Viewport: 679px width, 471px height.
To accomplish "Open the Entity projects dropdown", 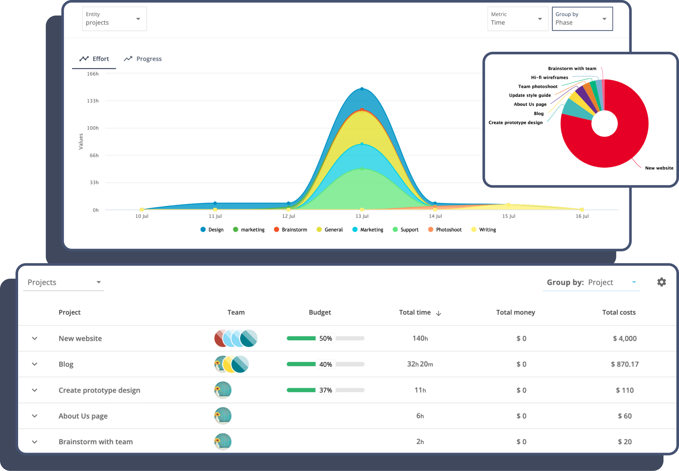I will (114, 19).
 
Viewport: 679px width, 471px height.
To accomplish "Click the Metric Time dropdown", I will (517, 19).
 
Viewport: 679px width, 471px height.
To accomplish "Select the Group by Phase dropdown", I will (582, 19).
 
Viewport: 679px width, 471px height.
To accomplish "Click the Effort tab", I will (94, 59).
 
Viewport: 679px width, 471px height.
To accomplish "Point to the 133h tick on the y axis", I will (93, 101).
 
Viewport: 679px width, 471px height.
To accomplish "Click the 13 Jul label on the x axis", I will (362, 216).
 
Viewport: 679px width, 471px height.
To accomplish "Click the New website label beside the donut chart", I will (659, 168).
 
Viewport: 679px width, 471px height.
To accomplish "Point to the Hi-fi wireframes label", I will (549, 78).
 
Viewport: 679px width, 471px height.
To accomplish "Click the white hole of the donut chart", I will (604, 123).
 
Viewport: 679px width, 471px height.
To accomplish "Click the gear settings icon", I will (661, 282).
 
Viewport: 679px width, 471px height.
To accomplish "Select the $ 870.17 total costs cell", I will (625, 364).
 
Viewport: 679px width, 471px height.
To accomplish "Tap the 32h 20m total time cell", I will (420, 364).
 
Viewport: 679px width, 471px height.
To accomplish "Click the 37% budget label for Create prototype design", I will (325, 390).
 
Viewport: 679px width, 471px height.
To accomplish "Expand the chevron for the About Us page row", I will (34, 416).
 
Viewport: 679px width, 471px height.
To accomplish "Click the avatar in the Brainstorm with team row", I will (223, 442).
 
